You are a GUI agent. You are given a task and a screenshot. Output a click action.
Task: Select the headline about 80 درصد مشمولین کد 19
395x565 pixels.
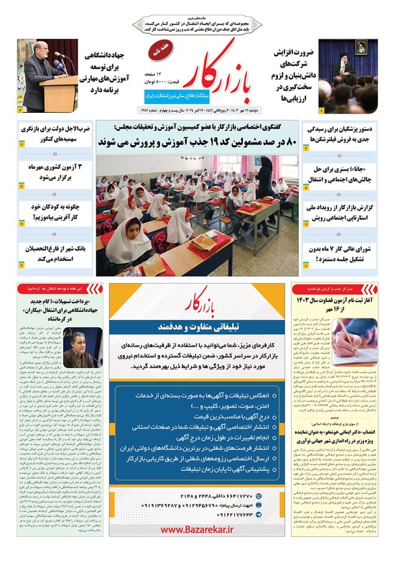[197, 143]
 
